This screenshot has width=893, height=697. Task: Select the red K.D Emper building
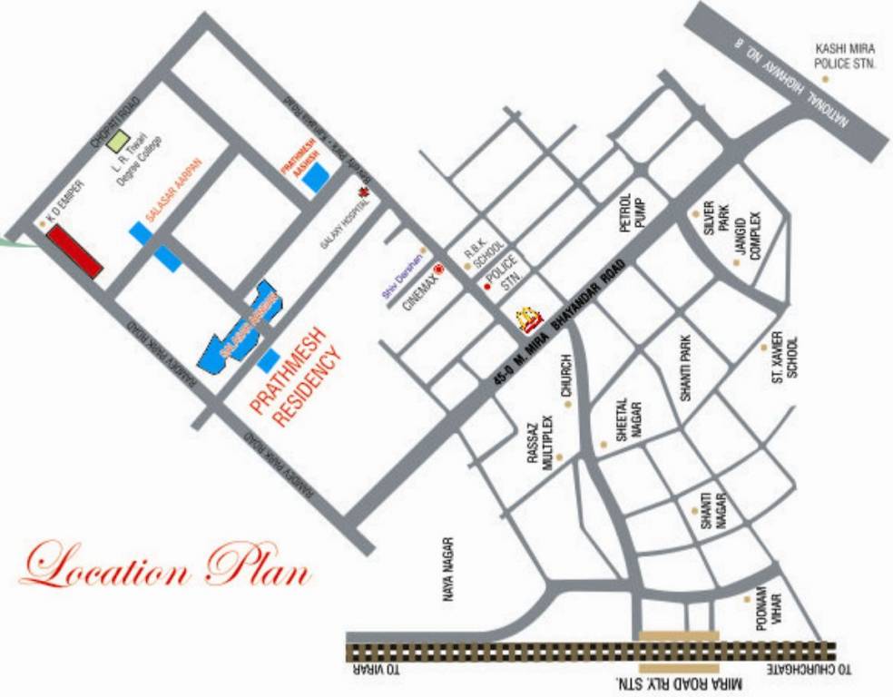(x=74, y=250)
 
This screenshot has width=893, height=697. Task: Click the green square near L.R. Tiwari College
(x=117, y=141)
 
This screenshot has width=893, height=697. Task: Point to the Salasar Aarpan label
(x=173, y=191)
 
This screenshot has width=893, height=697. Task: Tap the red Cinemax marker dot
(x=439, y=270)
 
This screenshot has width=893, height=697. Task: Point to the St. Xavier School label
(x=785, y=358)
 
